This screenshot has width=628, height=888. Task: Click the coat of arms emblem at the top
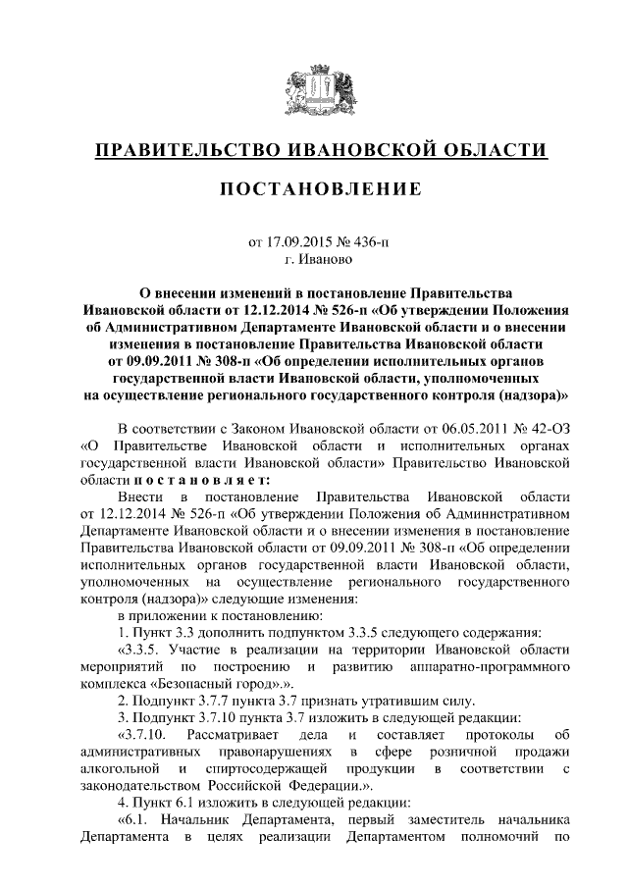[x=314, y=85]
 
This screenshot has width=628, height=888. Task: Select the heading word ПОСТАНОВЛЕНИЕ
[x=314, y=187]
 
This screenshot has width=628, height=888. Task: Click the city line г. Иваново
[x=313, y=260]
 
